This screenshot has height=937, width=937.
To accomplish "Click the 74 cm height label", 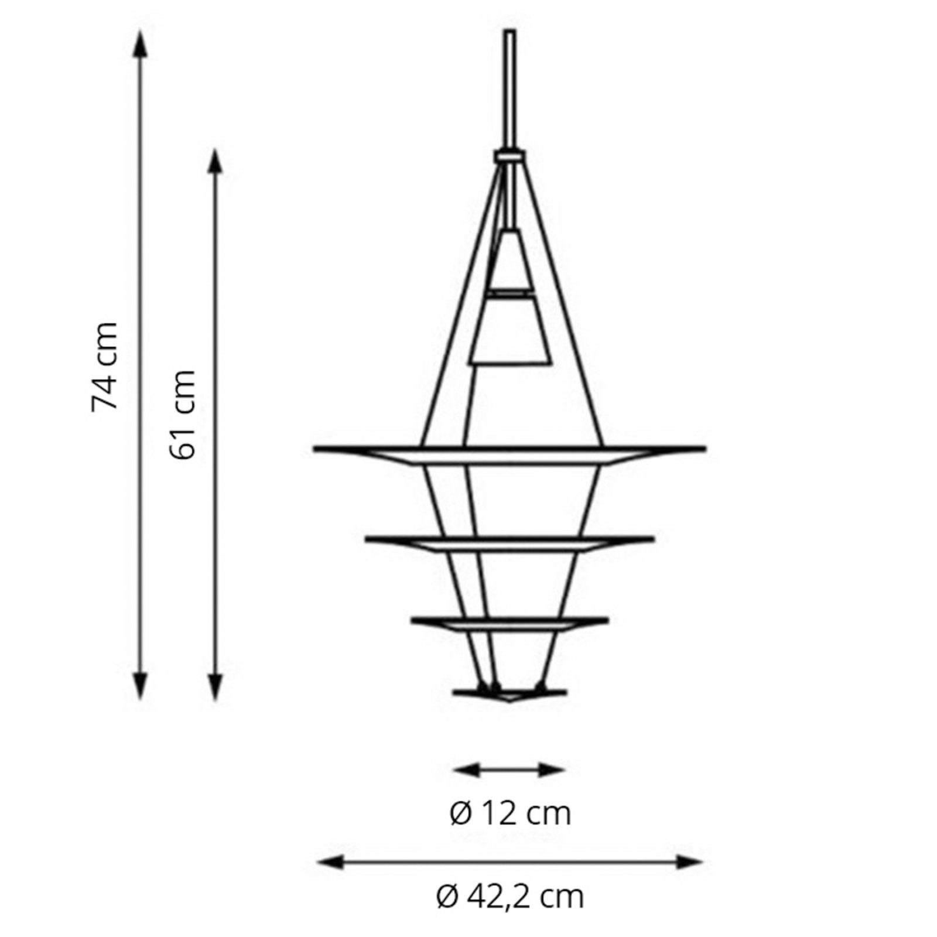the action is click(x=105, y=366).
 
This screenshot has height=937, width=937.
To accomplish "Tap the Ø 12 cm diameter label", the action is click(x=510, y=813).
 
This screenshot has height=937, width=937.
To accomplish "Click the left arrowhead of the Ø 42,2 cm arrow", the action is click(x=329, y=861).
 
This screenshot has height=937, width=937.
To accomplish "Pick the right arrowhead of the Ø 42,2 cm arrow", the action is click(x=689, y=861).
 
